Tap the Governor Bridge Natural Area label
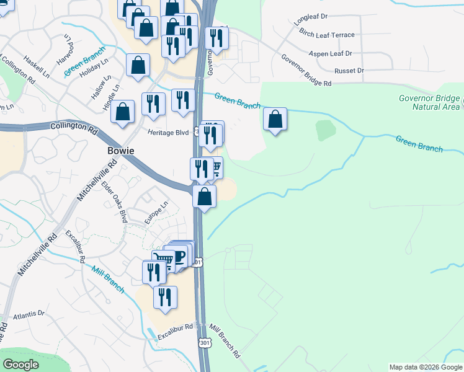coord(429,102)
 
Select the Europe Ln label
coord(156,213)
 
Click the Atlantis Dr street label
coord(29,314)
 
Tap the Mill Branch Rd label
coord(225,341)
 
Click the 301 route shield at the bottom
coord(205,342)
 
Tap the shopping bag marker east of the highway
coord(275,119)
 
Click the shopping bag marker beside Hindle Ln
coord(123,112)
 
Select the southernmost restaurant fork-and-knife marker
coord(165,297)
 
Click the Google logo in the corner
coord(20,365)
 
